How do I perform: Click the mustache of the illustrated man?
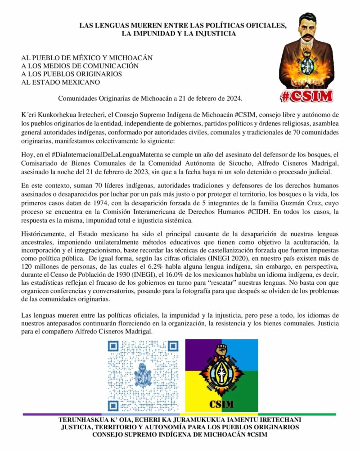[x=306, y=37]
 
